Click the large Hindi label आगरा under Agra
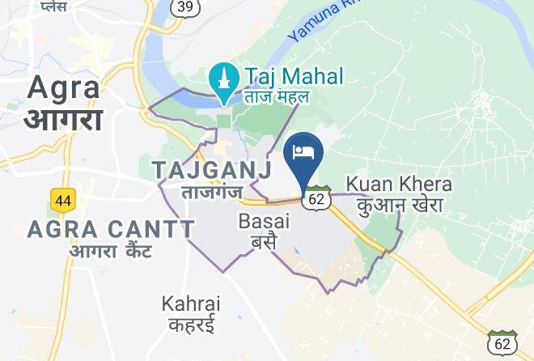click(x=63, y=119)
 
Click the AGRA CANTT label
click(x=111, y=230)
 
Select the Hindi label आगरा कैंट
click(x=111, y=252)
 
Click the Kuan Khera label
click(x=399, y=184)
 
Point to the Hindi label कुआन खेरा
click(x=400, y=206)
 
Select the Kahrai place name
click(x=191, y=304)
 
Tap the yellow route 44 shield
click(x=61, y=200)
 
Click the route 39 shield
click(x=184, y=6)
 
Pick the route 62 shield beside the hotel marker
click(x=317, y=197)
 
